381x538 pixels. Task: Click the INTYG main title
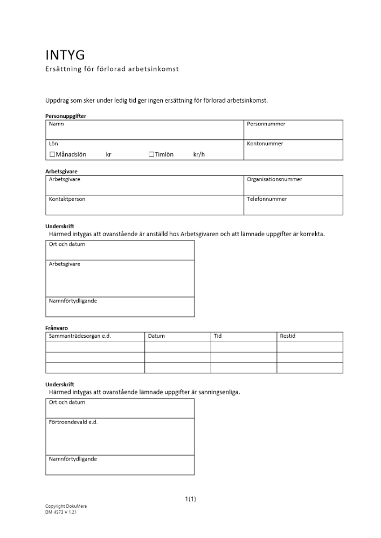click(65, 55)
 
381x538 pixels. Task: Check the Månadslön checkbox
click(52, 154)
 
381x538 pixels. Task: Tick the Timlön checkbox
click(151, 154)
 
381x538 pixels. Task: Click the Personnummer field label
click(266, 124)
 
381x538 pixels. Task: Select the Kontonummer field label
click(265, 144)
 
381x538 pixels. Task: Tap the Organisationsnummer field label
click(274, 180)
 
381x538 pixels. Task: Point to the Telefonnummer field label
click(267, 199)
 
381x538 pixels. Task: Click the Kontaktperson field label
click(67, 199)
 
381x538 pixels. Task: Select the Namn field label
click(56, 124)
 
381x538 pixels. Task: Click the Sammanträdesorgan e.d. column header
click(75, 336)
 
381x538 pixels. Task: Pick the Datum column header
click(156, 336)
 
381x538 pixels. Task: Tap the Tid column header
click(218, 336)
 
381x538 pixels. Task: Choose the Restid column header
click(288, 336)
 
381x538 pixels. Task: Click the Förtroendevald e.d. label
click(73, 422)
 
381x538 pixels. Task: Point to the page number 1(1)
click(190, 499)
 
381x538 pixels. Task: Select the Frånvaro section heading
click(57, 328)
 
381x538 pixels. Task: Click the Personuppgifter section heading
click(65, 116)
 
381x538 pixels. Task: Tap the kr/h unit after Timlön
click(199, 154)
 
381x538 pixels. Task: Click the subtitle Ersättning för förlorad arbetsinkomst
click(112, 69)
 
